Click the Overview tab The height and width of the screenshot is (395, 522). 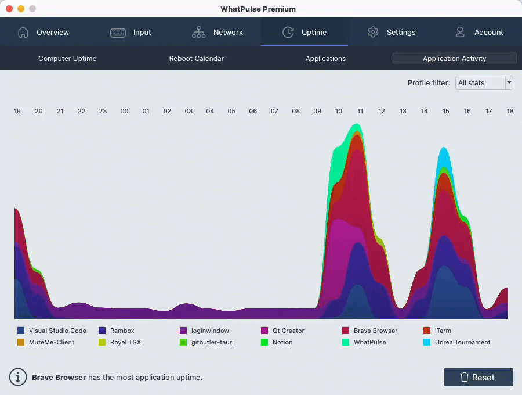[43, 33]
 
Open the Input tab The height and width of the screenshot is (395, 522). [131, 33]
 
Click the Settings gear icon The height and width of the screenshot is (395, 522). [373, 33]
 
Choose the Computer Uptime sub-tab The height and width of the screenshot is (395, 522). [67, 59]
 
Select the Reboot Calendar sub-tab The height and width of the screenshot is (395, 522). [197, 59]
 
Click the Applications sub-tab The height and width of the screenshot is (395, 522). [325, 59]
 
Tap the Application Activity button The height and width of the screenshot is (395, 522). [454, 59]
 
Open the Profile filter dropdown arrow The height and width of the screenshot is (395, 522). [509, 83]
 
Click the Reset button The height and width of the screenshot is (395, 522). [478, 377]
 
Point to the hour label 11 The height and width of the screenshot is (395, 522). [360, 111]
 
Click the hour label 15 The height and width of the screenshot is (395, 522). [446, 111]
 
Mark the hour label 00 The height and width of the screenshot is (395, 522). [124, 111]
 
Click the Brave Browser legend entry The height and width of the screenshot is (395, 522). [375, 331]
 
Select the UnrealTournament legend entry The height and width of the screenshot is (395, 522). [462, 342]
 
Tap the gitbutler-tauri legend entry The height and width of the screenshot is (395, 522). [212, 342]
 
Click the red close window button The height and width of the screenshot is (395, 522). [9, 9]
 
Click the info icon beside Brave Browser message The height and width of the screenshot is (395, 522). [18, 377]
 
